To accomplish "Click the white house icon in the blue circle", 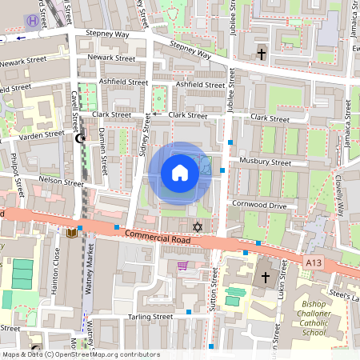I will [x=180, y=172].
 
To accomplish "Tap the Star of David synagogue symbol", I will [x=198, y=227].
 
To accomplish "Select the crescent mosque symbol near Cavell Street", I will [x=80, y=138].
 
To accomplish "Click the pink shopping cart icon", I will [x=182, y=266].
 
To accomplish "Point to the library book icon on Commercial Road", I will [x=72, y=233].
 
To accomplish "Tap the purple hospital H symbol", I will [x=31, y=22].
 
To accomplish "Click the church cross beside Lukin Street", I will [x=266, y=278].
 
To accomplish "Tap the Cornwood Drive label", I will [x=260, y=206].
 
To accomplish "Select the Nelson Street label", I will [x=60, y=182].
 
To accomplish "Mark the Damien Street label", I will [x=104, y=153].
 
